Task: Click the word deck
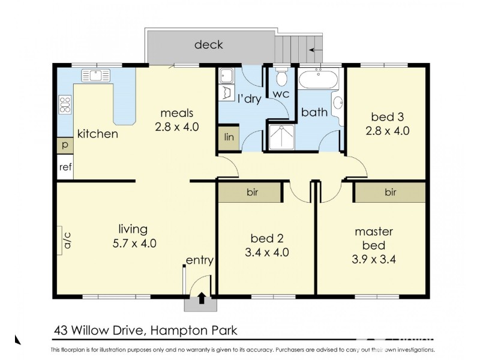[209, 45]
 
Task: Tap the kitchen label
[97, 134]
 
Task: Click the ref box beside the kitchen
[65, 167]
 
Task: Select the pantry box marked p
[65, 146]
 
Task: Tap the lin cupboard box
[229, 137]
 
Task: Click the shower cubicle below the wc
[283, 136]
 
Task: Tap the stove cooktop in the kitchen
[65, 105]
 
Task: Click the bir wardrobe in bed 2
[250, 193]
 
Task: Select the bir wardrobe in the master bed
[390, 193]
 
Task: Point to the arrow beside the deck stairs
[316, 50]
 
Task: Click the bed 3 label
[386, 117]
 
